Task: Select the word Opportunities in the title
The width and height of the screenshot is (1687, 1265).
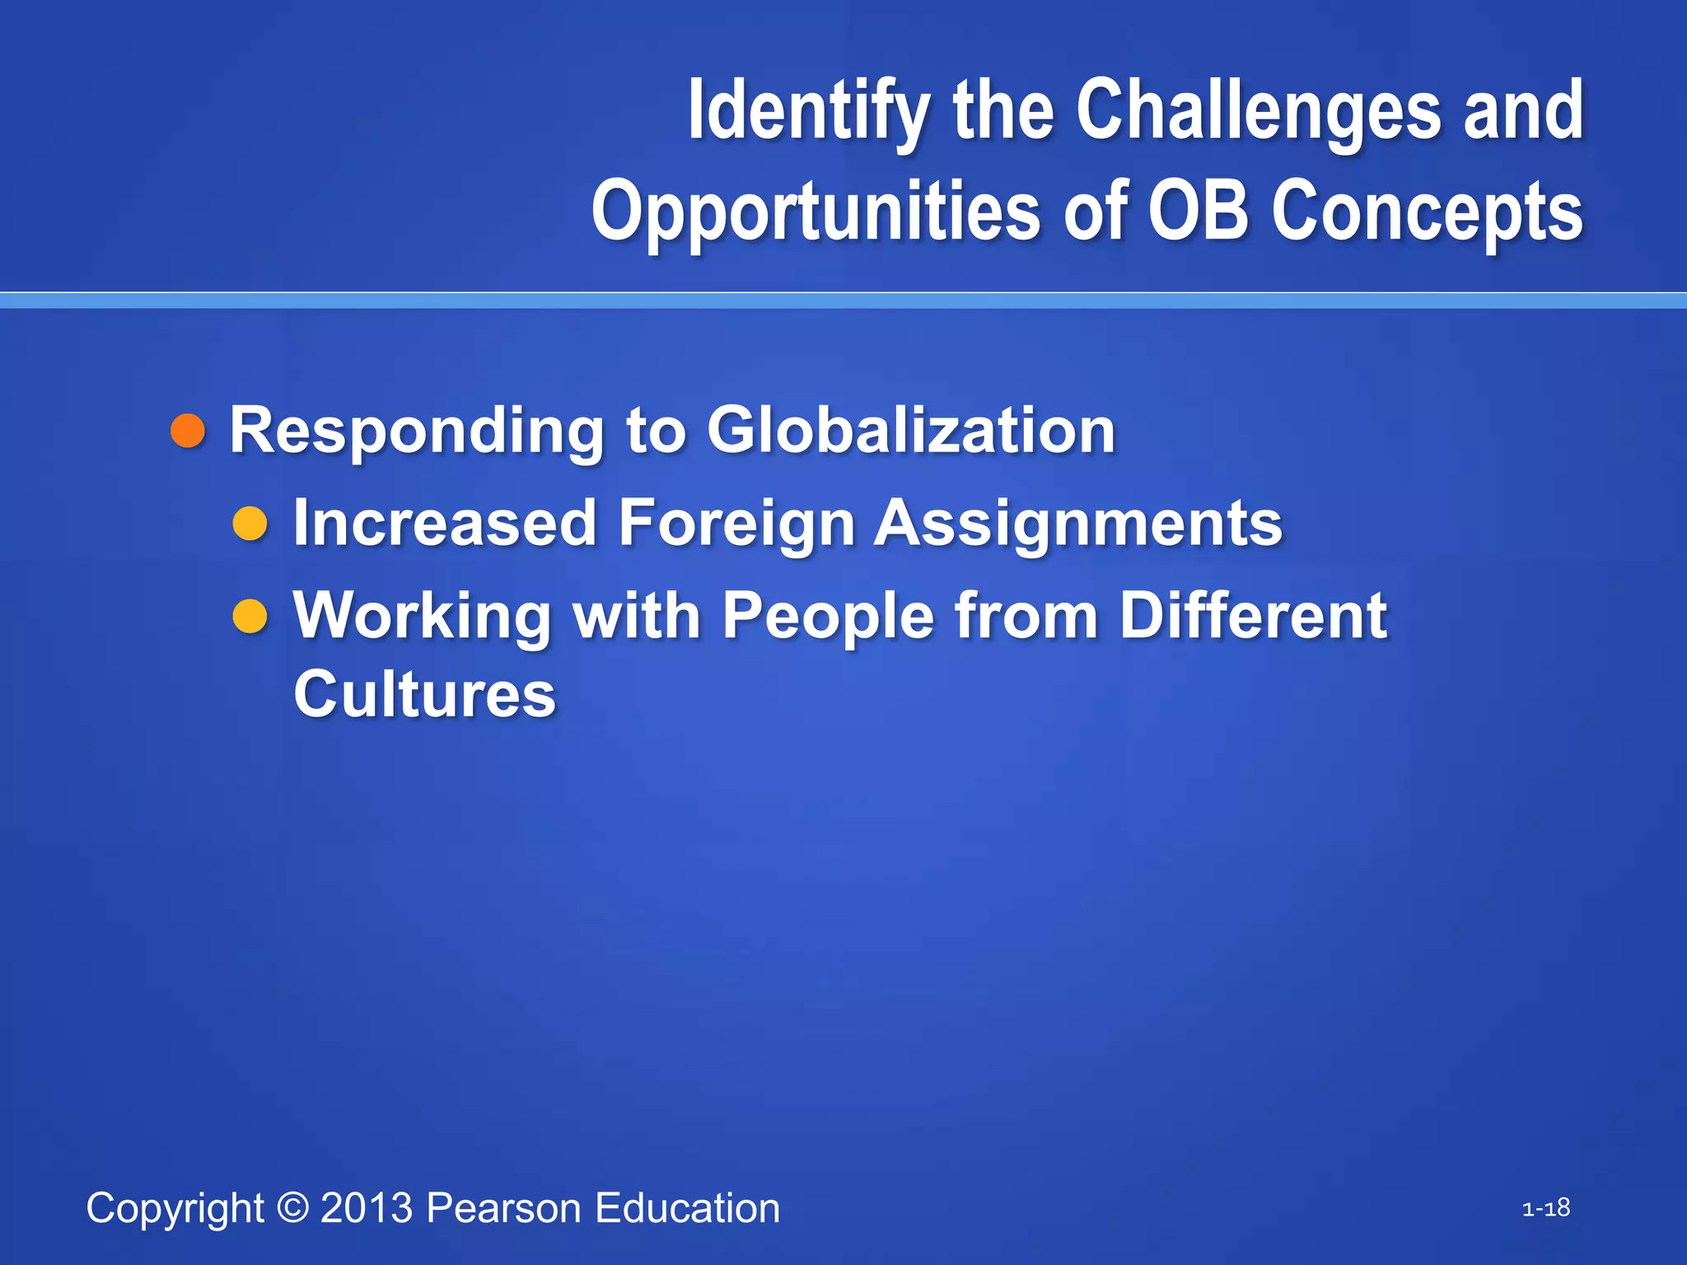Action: (815, 212)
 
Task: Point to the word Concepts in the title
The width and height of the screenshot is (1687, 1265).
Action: (1427, 212)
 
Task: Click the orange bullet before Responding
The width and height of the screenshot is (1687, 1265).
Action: (188, 431)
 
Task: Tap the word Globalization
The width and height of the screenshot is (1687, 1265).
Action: (910, 430)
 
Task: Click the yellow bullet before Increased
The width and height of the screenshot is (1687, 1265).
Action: (250, 524)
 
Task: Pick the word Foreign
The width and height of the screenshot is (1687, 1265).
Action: (736, 524)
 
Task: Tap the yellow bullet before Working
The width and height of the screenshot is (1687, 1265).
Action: (250, 616)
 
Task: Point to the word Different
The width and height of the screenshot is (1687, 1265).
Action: (1253, 615)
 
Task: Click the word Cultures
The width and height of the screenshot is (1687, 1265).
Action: (425, 694)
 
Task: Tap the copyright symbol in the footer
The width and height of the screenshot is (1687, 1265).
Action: (292, 1207)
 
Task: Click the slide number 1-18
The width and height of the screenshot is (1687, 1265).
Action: (1545, 1208)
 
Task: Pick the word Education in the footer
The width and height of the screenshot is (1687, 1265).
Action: (687, 1208)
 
